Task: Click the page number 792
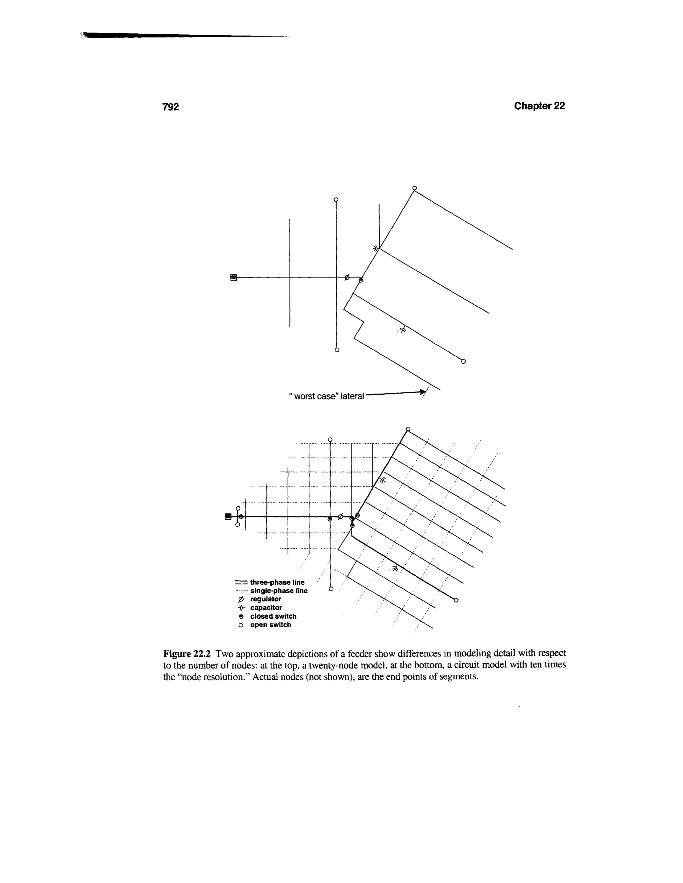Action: pos(170,107)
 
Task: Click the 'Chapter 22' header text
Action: pos(539,106)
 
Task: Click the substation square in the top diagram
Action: pos(233,277)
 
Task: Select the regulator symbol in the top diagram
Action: pos(347,277)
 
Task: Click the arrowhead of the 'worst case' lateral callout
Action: pos(423,392)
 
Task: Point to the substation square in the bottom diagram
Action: pos(228,516)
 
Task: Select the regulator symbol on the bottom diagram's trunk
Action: pos(340,516)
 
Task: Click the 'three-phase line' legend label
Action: pos(277,582)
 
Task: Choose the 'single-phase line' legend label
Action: pos(279,591)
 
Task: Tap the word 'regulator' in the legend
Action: pos(265,599)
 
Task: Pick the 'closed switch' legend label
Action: pos(273,616)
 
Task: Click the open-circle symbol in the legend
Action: pos(241,625)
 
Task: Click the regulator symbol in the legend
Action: pos(241,599)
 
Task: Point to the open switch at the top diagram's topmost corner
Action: pos(414,188)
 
